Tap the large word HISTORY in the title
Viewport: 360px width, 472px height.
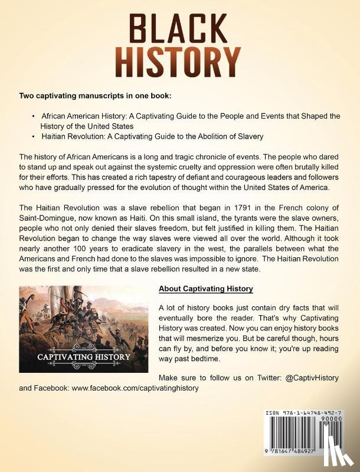(x=179, y=61)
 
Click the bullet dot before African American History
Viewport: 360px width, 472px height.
(x=34, y=116)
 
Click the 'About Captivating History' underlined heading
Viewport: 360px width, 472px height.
(x=206, y=289)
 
